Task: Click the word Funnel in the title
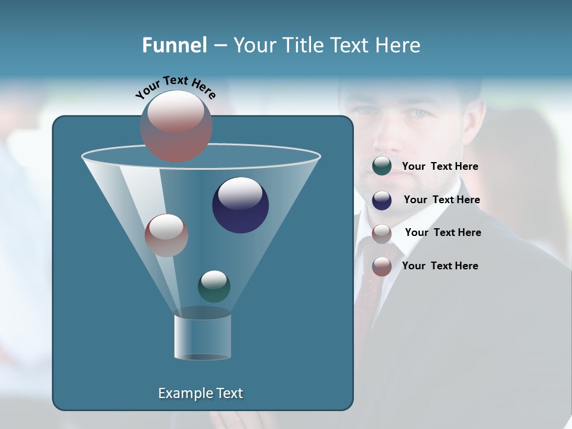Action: pyautogui.click(x=174, y=45)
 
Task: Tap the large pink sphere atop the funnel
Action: pyautogui.click(x=176, y=126)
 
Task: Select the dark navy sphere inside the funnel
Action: pyautogui.click(x=240, y=205)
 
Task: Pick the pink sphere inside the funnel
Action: pyautogui.click(x=166, y=235)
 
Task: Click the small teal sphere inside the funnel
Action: pyautogui.click(x=214, y=286)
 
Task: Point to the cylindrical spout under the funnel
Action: pyautogui.click(x=203, y=337)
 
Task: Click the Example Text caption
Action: pyautogui.click(x=200, y=393)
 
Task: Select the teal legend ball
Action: pyautogui.click(x=382, y=166)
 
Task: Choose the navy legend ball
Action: pyautogui.click(x=382, y=200)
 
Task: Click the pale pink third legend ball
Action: pyautogui.click(x=382, y=234)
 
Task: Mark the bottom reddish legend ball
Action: pyautogui.click(x=382, y=266)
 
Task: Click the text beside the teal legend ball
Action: pyautogui.click(x=440, y=166)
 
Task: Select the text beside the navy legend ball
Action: pyautogui.click(x=442, y=200)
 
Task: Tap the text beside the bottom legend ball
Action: pyautogui.click(x=440, y=266)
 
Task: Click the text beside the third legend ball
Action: pyautogui.click(x=443, y=232)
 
